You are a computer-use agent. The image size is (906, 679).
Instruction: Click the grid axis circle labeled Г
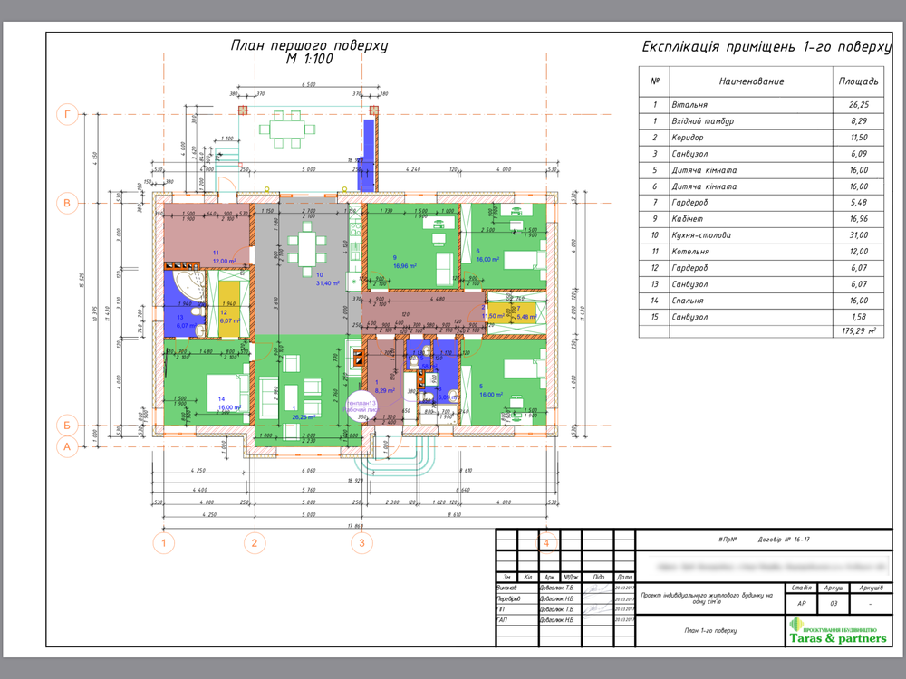click(66, 114)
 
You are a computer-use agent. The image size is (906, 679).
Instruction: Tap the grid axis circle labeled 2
click(255, 543)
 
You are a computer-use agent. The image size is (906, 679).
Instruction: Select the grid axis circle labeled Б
click(66, 424)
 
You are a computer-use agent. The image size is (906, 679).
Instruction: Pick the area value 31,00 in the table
click(858, 235)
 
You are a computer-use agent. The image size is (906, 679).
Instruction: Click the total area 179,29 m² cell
click(858, 332)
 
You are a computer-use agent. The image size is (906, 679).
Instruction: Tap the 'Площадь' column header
click(858, 81)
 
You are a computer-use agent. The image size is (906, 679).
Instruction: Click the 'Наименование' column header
click(751, 81)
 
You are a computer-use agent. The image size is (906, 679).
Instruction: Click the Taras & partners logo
click(835, 632)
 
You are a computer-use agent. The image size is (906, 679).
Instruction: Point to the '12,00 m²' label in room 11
click(225, 261)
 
